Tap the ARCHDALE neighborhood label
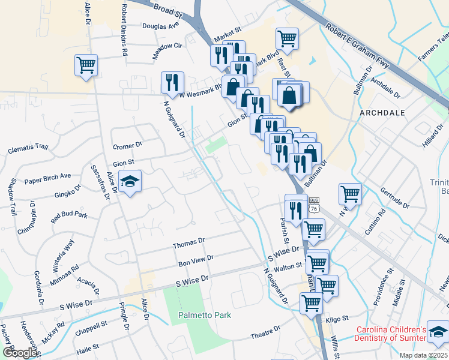(x=382, y=113)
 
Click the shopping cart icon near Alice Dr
(x=86, y=64)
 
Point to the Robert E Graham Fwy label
(x=358, y=44)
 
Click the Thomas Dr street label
(x=189, y=245)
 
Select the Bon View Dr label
(x=196, y=260)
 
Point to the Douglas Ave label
(x=160, y=26)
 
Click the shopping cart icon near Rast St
(x=287, y=38)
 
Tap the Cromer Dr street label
(x=127, y=145)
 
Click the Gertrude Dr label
(x=394, y=197)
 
